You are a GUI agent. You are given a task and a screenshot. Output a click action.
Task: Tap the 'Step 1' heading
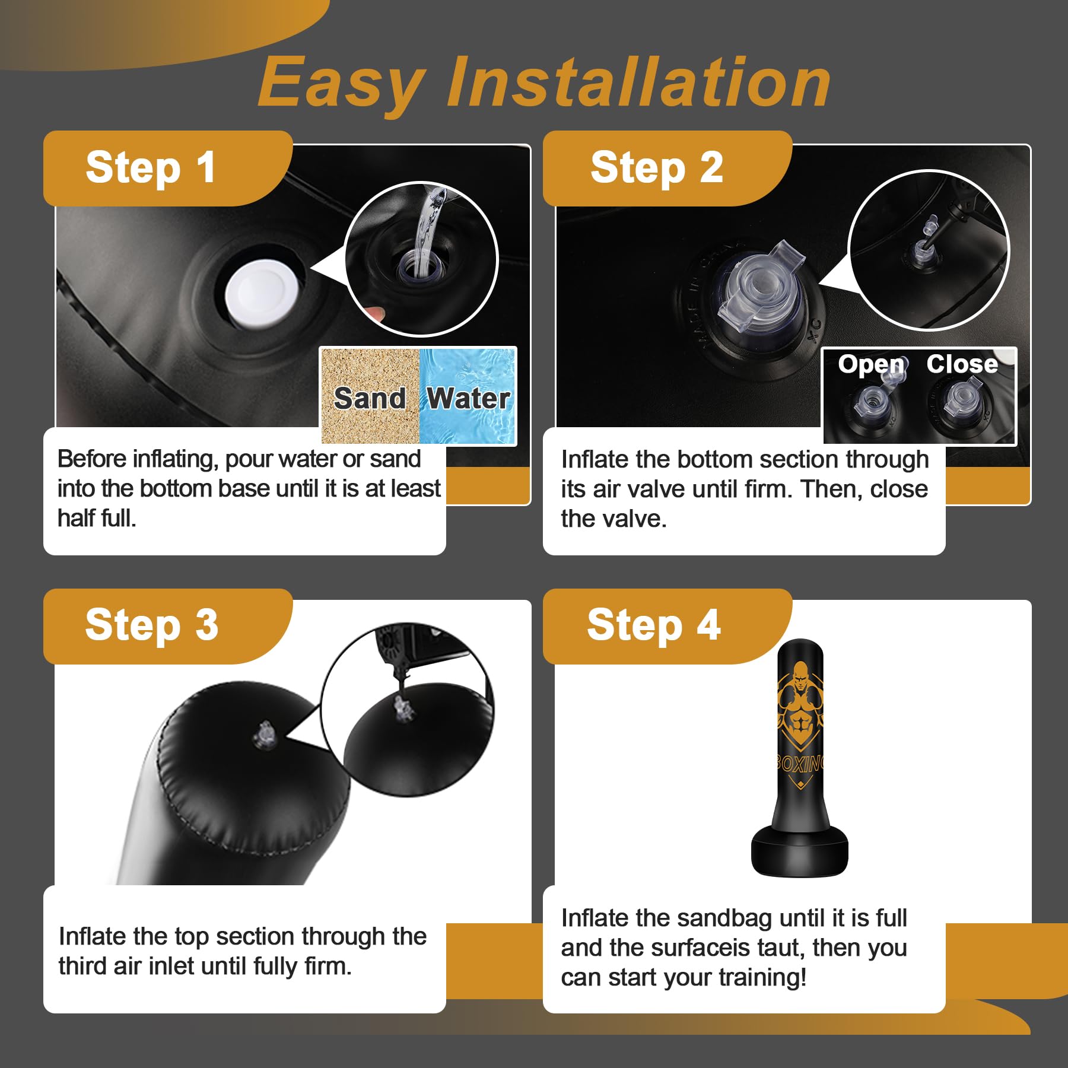(x=151, y=167)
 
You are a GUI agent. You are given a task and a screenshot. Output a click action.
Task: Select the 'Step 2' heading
(x=657, y=167)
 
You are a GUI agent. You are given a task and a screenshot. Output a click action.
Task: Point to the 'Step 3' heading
(x=152, y=625)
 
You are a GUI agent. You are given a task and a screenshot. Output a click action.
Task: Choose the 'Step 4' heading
(x=654, y=625)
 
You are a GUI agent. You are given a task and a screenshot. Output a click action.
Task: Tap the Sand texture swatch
(x=370, y=396)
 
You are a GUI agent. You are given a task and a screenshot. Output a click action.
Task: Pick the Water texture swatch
(x=468, y=396)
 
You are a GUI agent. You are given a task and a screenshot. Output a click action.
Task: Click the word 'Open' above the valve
(x=870, y=365)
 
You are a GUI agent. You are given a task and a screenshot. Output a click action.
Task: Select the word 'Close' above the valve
(x=962, y=364)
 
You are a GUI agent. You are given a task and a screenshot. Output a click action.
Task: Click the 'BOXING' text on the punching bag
(x=800, y=763)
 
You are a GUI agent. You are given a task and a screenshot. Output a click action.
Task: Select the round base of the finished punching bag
(x=799, y=851)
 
